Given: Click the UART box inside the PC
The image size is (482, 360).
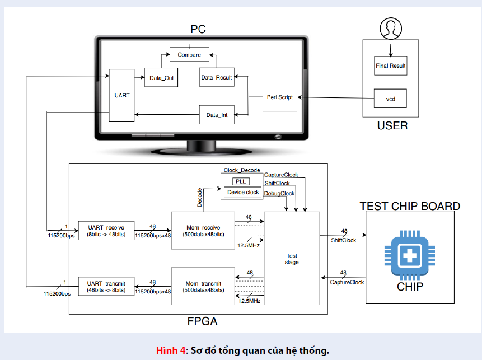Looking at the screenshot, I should tap(121, 95).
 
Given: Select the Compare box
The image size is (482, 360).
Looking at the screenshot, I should tap(189, 54).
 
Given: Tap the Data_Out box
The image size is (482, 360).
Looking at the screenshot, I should tap(161, 77).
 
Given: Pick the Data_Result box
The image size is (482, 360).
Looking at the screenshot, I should tap(216, 77).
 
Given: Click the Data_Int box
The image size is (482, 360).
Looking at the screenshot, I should tap(216, 115).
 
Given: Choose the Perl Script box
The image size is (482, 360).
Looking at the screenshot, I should tap(280, 97).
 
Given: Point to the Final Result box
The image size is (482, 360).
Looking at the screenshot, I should tap(390, 66).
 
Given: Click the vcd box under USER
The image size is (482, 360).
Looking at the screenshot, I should tap(390, 99).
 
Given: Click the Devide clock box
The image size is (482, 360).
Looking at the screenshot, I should tap(242, 192).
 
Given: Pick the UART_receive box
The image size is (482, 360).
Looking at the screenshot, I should tap(106, 230).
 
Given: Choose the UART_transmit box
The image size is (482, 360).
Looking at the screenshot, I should tap(106, 286).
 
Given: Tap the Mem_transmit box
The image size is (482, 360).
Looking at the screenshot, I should tap(203, 286).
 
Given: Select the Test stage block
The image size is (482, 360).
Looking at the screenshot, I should tap(292, 258).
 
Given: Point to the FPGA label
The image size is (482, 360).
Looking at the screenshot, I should tap(202, 321).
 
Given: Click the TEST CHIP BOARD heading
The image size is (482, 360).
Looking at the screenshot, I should tap(410, 206).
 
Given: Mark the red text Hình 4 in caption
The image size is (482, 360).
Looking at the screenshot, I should tap(170, 350).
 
